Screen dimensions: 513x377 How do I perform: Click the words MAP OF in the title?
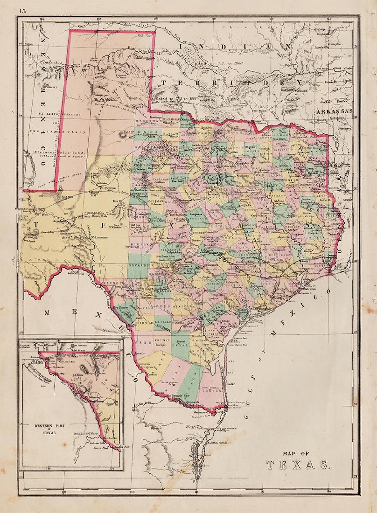pyautogui.click(x=296, y=451)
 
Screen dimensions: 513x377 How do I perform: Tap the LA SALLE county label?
pyautogui.click(x=163, y=322)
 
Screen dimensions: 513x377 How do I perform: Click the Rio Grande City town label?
pyautogui.click(x=184, y=394)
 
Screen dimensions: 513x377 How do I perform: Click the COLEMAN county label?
pyautogui.click(x=158, y=201)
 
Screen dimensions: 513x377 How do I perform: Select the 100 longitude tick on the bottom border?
pyautogui.click(x=132, y=490)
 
